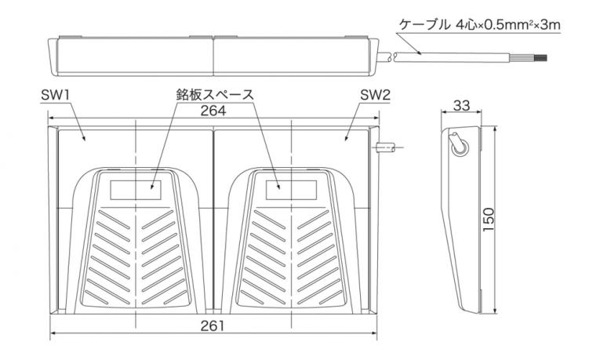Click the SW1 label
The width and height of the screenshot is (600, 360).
point(55,95)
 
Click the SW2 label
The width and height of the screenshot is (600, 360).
point(376,95)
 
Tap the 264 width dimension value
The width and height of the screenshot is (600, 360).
point(213,111)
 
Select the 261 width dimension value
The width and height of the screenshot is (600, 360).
point(213,326)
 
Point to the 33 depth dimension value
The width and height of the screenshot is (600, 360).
point(461,105)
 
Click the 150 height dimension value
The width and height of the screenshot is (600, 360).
point(489,219)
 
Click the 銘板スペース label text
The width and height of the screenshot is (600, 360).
point(215,94)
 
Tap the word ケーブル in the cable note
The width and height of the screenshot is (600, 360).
point(424,25)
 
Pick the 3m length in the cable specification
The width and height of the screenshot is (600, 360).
point(551,25)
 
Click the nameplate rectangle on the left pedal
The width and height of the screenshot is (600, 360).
point(136,190)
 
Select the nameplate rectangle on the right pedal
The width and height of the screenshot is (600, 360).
point(292,190)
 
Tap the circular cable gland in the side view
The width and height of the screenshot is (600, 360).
point(458,148)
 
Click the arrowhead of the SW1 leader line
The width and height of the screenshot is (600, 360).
point(85,140)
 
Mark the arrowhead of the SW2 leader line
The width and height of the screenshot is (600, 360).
point(346,139)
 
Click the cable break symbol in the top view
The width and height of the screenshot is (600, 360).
point(392,57)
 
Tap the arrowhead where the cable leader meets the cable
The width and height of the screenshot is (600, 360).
point(420,53)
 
